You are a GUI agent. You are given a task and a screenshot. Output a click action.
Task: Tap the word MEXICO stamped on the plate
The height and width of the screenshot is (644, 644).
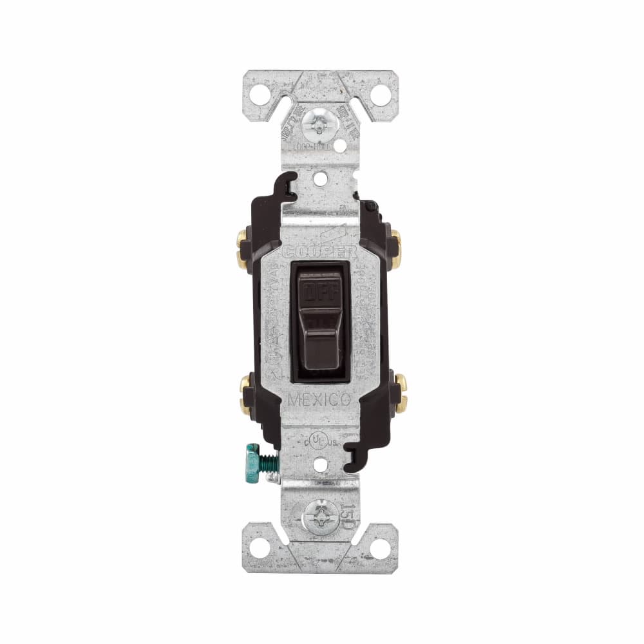click(x=319, y=399)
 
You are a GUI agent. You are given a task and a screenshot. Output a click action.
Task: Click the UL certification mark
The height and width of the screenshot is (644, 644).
click(x=317, y=440)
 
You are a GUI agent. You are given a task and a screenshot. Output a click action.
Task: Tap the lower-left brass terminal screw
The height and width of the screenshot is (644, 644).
click(x=244, y=393)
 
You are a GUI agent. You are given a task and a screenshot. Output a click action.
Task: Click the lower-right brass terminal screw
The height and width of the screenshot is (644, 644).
click(x=399, y=393)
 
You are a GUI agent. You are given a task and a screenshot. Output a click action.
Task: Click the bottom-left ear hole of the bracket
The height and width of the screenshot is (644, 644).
click(x=260, y=548)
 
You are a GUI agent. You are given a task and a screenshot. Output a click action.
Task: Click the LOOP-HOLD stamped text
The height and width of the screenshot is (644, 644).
click(x=316, y=147)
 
